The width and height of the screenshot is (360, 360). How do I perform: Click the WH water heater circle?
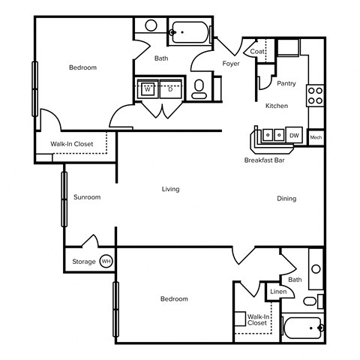[106, 262]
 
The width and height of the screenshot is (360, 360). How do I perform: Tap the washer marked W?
[148, 88]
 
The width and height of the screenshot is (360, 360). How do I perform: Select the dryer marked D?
[170, 88]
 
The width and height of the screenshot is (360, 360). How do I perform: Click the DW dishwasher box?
[295, 136]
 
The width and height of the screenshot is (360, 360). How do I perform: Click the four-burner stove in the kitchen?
[316, 94]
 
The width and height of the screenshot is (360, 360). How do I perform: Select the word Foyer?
[231, 64]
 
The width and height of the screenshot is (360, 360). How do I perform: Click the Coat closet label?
[257, 51]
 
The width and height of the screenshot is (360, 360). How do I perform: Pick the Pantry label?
[286, 83]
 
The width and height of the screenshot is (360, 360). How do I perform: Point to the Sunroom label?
[87, 197]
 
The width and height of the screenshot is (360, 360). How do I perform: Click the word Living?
[171, 189]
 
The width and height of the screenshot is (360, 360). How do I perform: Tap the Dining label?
[286, 199]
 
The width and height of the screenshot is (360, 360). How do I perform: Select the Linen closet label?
[277, 291]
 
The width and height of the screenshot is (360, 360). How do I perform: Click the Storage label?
[83, 262]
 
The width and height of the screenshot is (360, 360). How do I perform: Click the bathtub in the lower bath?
[303, 328]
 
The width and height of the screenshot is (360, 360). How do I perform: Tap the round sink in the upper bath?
[151, 25]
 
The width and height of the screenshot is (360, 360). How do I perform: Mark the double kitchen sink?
[271, 136]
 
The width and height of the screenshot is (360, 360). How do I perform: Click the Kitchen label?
[276, 106]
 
